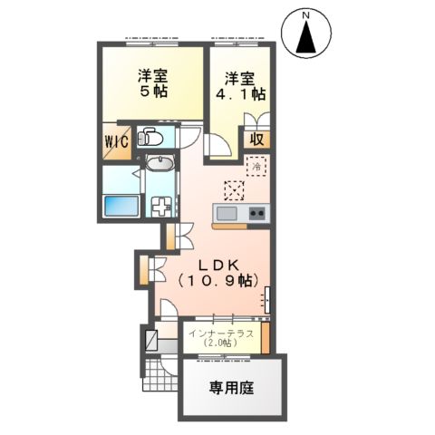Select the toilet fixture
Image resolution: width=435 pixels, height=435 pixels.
click(x=150, y=139)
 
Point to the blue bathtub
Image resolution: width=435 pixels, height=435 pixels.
click(x=121, y=206)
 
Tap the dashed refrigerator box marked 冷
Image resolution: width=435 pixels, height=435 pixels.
click(x=258, y=168)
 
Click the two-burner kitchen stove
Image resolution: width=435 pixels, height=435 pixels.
click(x=256, y=214)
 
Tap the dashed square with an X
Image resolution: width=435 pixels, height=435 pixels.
click(x=235, y=190)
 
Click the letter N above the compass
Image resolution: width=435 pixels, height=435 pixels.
click(x=306, y=15)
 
